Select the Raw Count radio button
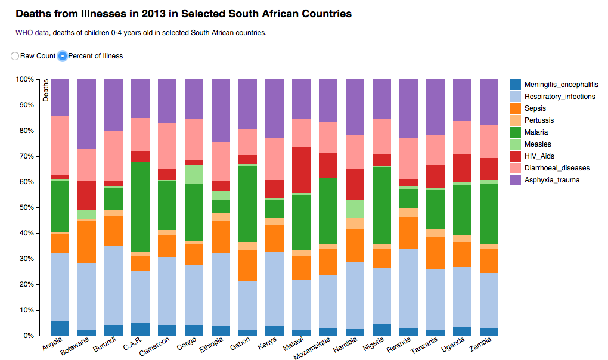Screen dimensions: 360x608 click(15, 56)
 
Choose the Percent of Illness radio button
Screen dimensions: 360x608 click(63, 56)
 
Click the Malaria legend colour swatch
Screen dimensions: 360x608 click(516, 132)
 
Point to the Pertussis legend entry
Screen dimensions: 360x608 click(539, 120)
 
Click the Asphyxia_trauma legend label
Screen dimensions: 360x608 click(552, 180)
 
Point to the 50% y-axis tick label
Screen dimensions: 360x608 click(25, 207)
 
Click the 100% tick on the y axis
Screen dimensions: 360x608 click(24, 79)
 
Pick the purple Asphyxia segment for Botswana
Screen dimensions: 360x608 click(86, 114)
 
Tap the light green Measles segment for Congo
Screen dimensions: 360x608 click(194, 174)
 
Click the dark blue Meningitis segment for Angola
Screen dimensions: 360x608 click(60, 328)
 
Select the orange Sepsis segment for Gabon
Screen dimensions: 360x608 click(247, 265)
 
